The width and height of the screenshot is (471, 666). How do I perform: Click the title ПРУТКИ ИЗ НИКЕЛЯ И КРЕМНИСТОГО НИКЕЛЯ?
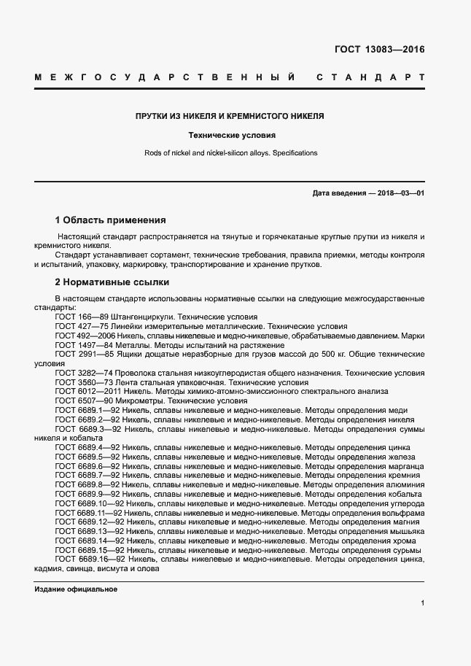click(230, 117)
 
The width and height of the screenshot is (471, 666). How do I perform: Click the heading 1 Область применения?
click(110, 220)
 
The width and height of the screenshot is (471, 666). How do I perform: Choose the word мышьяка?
click(404, 533)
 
